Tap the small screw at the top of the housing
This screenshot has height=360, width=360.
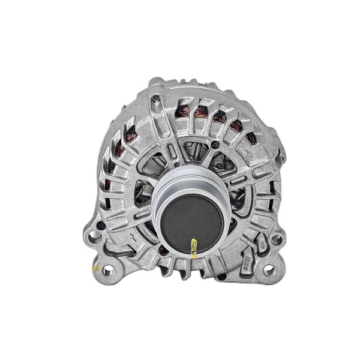point(154,98)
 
